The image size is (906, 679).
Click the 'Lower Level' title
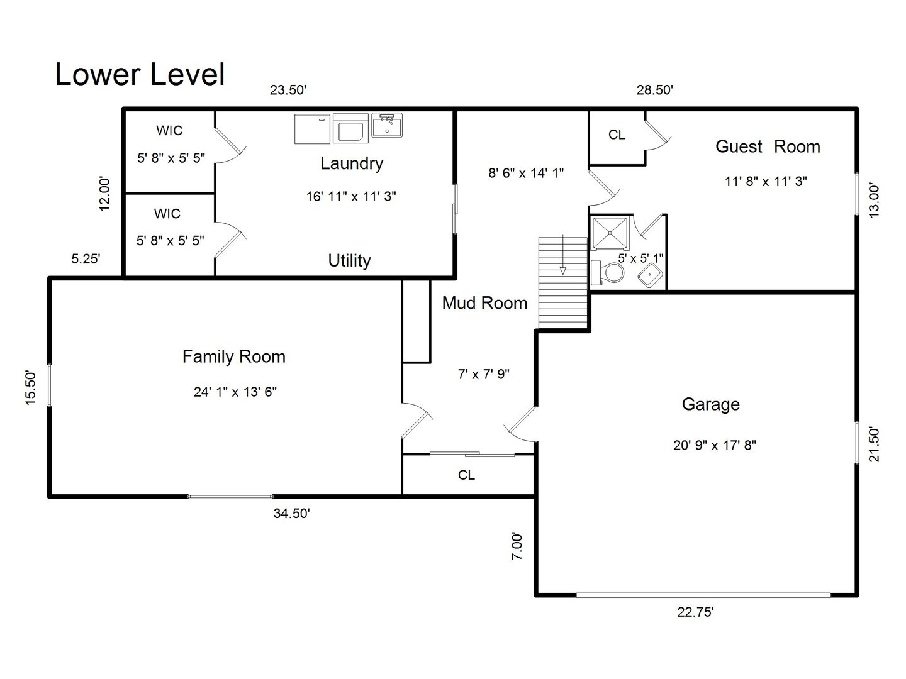(x=140, y=74)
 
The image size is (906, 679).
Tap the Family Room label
(x=233, y=357)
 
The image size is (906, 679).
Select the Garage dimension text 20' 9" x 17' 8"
(x=714, y=445)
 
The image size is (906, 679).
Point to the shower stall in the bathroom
(x=610, y=233)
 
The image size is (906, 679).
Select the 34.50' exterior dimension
(x=291, y=513)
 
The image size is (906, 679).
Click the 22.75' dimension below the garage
(x=695, y=612)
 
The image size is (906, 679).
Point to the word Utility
(x=349, y=260)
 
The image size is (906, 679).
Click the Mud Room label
(x=484, y=303)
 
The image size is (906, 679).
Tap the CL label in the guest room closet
(x=617, y=135)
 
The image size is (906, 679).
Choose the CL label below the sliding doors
(x=466, y=475)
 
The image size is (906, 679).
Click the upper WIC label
(x=169, y=131)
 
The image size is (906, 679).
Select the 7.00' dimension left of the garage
(x=517, y=546)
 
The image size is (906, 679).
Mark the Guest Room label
(x=768, y=146)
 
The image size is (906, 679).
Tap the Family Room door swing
(x=417, y=420)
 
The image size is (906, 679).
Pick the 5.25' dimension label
(x=86, y=258)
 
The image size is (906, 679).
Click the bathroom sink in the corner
(x=649, y=275)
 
